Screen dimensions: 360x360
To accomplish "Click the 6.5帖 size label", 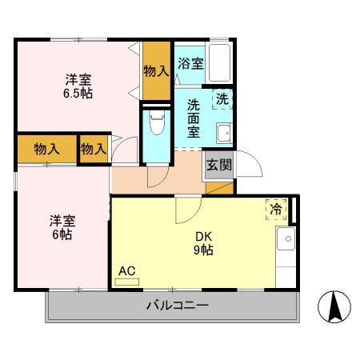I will [78, 94].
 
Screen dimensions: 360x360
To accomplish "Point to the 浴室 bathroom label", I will [190, 63].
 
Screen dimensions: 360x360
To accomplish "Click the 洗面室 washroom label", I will [194, 118].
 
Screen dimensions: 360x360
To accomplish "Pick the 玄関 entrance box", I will [218, 166].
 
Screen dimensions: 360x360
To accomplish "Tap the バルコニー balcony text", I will [177, 306].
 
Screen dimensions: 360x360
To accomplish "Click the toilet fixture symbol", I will [157, 124].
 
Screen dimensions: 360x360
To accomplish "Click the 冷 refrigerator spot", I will [275, 209].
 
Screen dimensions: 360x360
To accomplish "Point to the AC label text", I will [126, 271].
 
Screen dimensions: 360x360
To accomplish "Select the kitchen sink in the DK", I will [286, 238].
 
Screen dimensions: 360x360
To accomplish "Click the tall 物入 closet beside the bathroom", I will [157, 70].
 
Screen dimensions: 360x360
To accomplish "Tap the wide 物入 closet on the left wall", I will [46, 148].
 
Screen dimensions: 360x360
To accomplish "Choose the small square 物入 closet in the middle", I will [94, 148].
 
